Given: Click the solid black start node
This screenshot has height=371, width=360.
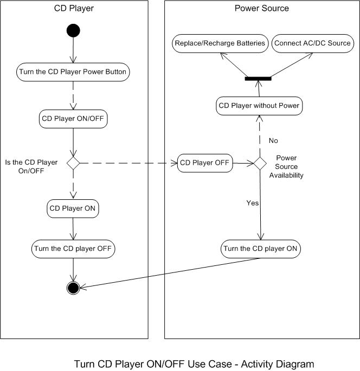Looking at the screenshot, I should [73, 31].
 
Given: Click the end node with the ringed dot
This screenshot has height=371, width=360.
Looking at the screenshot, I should [73, 287].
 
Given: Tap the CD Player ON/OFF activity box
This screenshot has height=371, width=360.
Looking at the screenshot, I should [73, 119].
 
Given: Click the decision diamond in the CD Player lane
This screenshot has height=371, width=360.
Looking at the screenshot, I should [73, 162].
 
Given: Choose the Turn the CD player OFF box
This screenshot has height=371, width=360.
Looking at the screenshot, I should [73, 249].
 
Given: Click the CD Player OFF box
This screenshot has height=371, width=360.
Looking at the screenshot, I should [205, 162].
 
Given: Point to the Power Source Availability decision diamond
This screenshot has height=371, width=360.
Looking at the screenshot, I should [260, 162].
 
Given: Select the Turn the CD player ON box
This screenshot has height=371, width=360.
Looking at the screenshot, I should [260, 249].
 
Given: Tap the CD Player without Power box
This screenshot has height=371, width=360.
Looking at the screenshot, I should [259, 106].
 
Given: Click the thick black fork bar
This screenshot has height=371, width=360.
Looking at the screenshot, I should [259, 79].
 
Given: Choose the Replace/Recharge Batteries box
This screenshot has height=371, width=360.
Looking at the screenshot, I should [220, 43].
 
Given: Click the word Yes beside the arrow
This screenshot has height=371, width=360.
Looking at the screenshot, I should [253, 203].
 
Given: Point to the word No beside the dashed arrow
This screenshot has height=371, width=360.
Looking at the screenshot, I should [273, 140].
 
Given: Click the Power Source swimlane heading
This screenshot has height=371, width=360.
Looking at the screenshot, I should [261, 8].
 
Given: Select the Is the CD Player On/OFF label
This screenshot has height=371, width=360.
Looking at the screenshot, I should [31, 167].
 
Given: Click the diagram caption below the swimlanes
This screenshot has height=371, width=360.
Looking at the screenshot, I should [194, 364].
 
